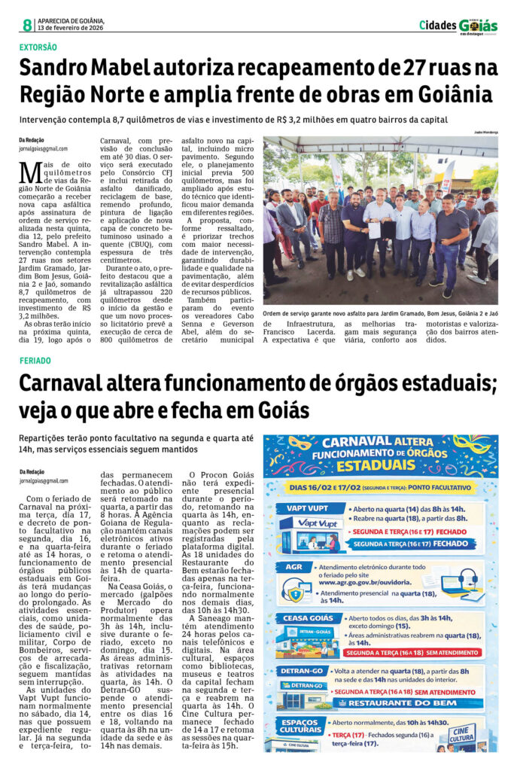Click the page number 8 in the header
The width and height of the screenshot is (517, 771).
(x=27, y=25)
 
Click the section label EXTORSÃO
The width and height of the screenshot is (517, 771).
(x=38, y=47)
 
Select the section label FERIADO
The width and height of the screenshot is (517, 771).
(x=35, y=361)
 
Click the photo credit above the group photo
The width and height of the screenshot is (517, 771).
(x=482, y=133)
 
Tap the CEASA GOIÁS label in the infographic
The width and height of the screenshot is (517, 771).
(x=306, y=618)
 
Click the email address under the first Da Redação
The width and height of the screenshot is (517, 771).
(x=44, y=149)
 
